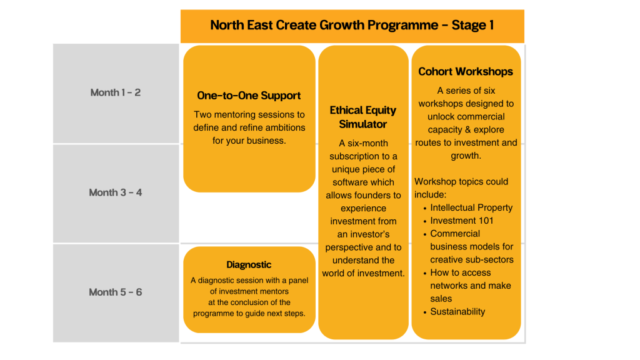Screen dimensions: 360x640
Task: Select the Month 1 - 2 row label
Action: click(116, 92)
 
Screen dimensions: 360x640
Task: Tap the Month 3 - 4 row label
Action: click(116, 192)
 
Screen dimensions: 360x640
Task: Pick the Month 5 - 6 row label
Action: click(116, 292)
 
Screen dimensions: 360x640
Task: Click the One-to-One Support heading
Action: click(249, 96)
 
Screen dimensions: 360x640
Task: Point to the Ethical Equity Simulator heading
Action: click(363, 117)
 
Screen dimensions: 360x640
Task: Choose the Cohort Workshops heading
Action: click(466, 71)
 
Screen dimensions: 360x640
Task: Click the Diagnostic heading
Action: click(249, 265)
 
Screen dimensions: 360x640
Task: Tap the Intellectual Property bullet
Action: click(471, 207)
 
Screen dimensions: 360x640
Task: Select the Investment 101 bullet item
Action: click(462, 221)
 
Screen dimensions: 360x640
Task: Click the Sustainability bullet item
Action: click(457, 311)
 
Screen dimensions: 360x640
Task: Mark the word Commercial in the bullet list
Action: click(455, 234)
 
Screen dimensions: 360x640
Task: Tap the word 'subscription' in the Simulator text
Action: click(356, 156)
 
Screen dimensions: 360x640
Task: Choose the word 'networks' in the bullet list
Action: click(449, 286)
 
